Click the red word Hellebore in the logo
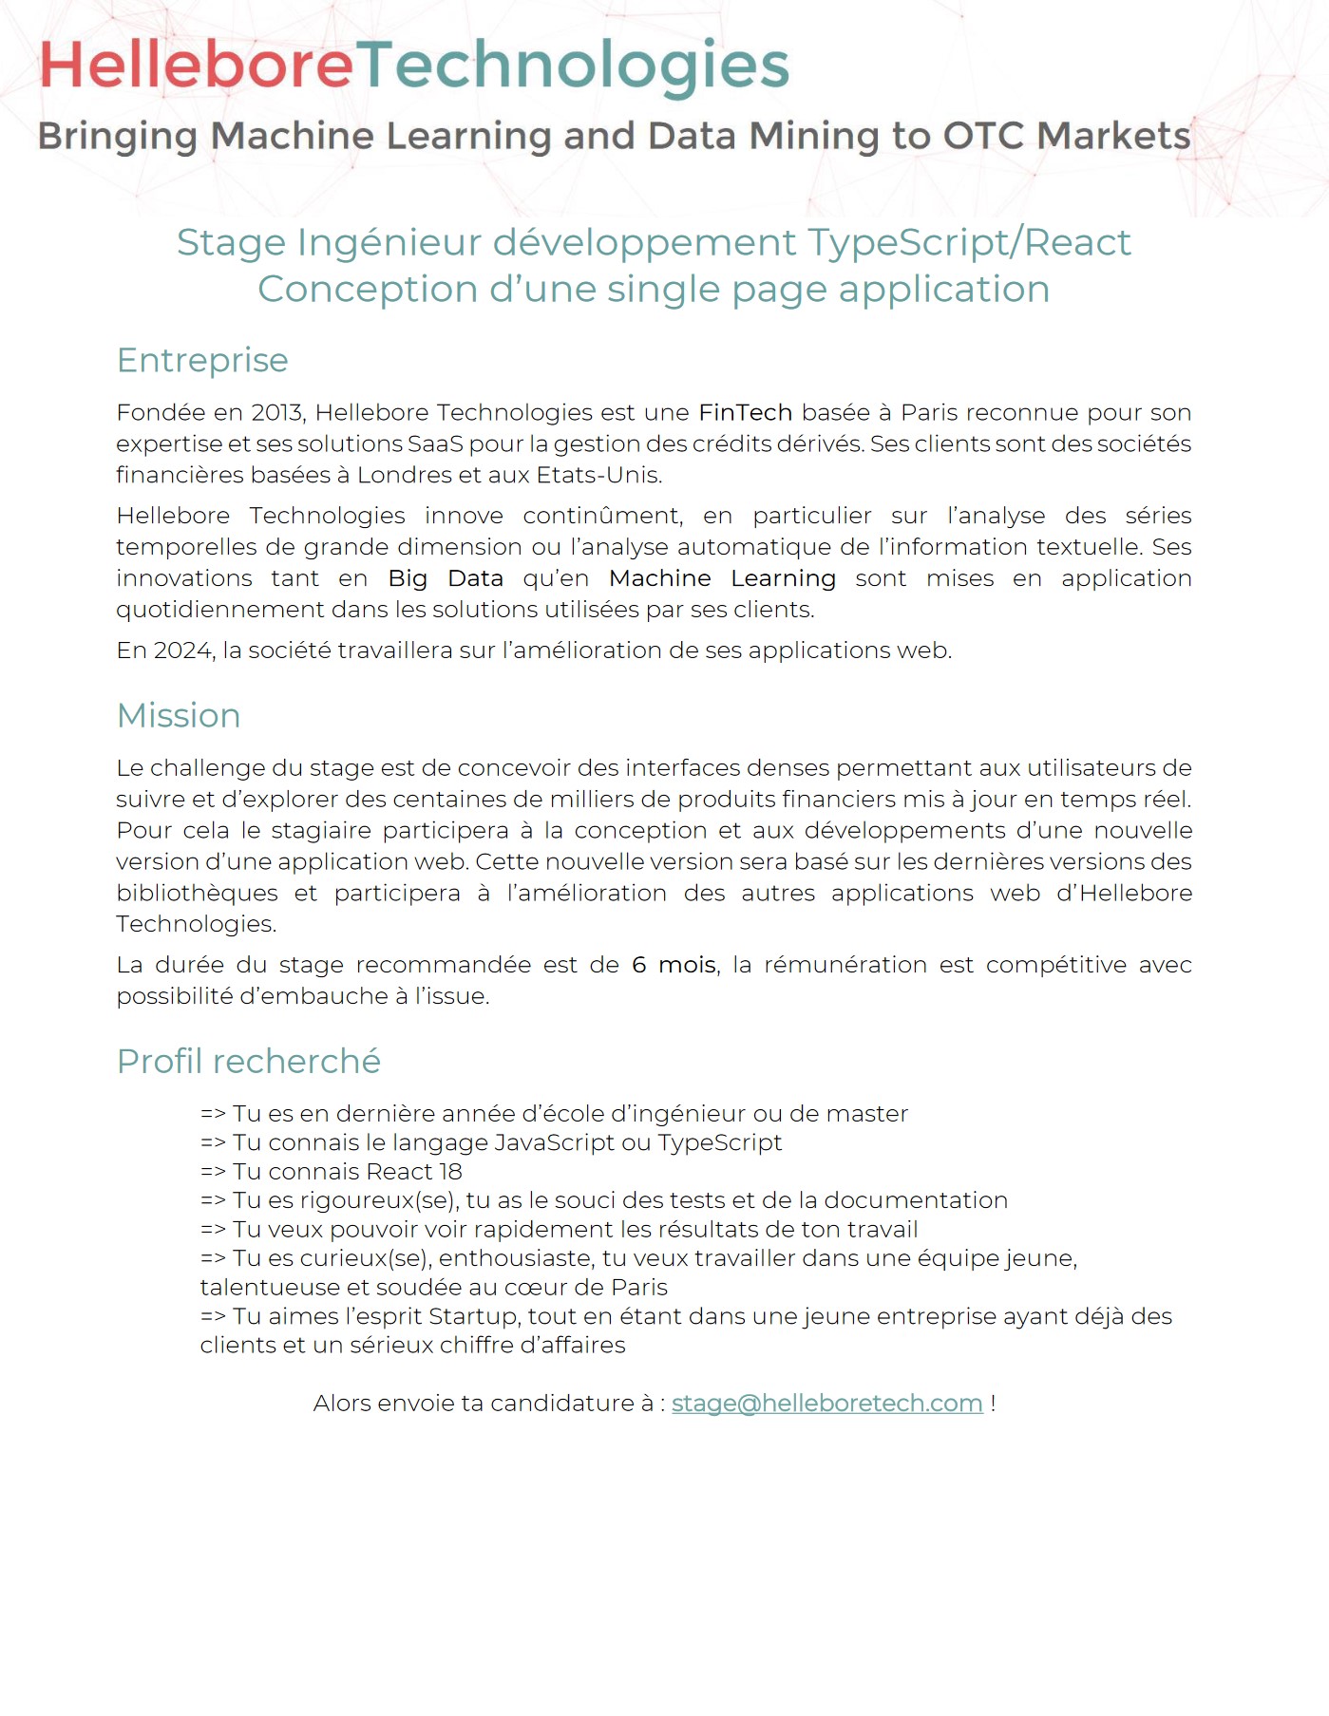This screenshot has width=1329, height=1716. [196, 66]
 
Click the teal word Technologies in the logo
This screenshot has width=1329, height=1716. [573, 66]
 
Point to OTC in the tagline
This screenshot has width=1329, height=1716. [983, 136]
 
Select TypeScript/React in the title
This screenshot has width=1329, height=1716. [969, 243]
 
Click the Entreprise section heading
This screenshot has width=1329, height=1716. [202, 361]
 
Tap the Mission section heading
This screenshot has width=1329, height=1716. [179, 716]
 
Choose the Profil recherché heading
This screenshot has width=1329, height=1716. [248, 1062]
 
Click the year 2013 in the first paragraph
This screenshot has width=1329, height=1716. [276, 413]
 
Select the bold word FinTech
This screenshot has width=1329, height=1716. [745, 413]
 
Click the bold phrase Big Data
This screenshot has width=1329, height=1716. [446, 578]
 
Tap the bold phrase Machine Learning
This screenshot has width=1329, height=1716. [722, 578]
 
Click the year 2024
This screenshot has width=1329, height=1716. [182, 651]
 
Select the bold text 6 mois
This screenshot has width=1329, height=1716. [674, 965]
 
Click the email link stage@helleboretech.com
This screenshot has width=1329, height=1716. [826, 1404]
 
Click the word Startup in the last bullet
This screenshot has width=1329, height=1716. [473, 1316]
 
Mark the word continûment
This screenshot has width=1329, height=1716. [602, 516]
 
